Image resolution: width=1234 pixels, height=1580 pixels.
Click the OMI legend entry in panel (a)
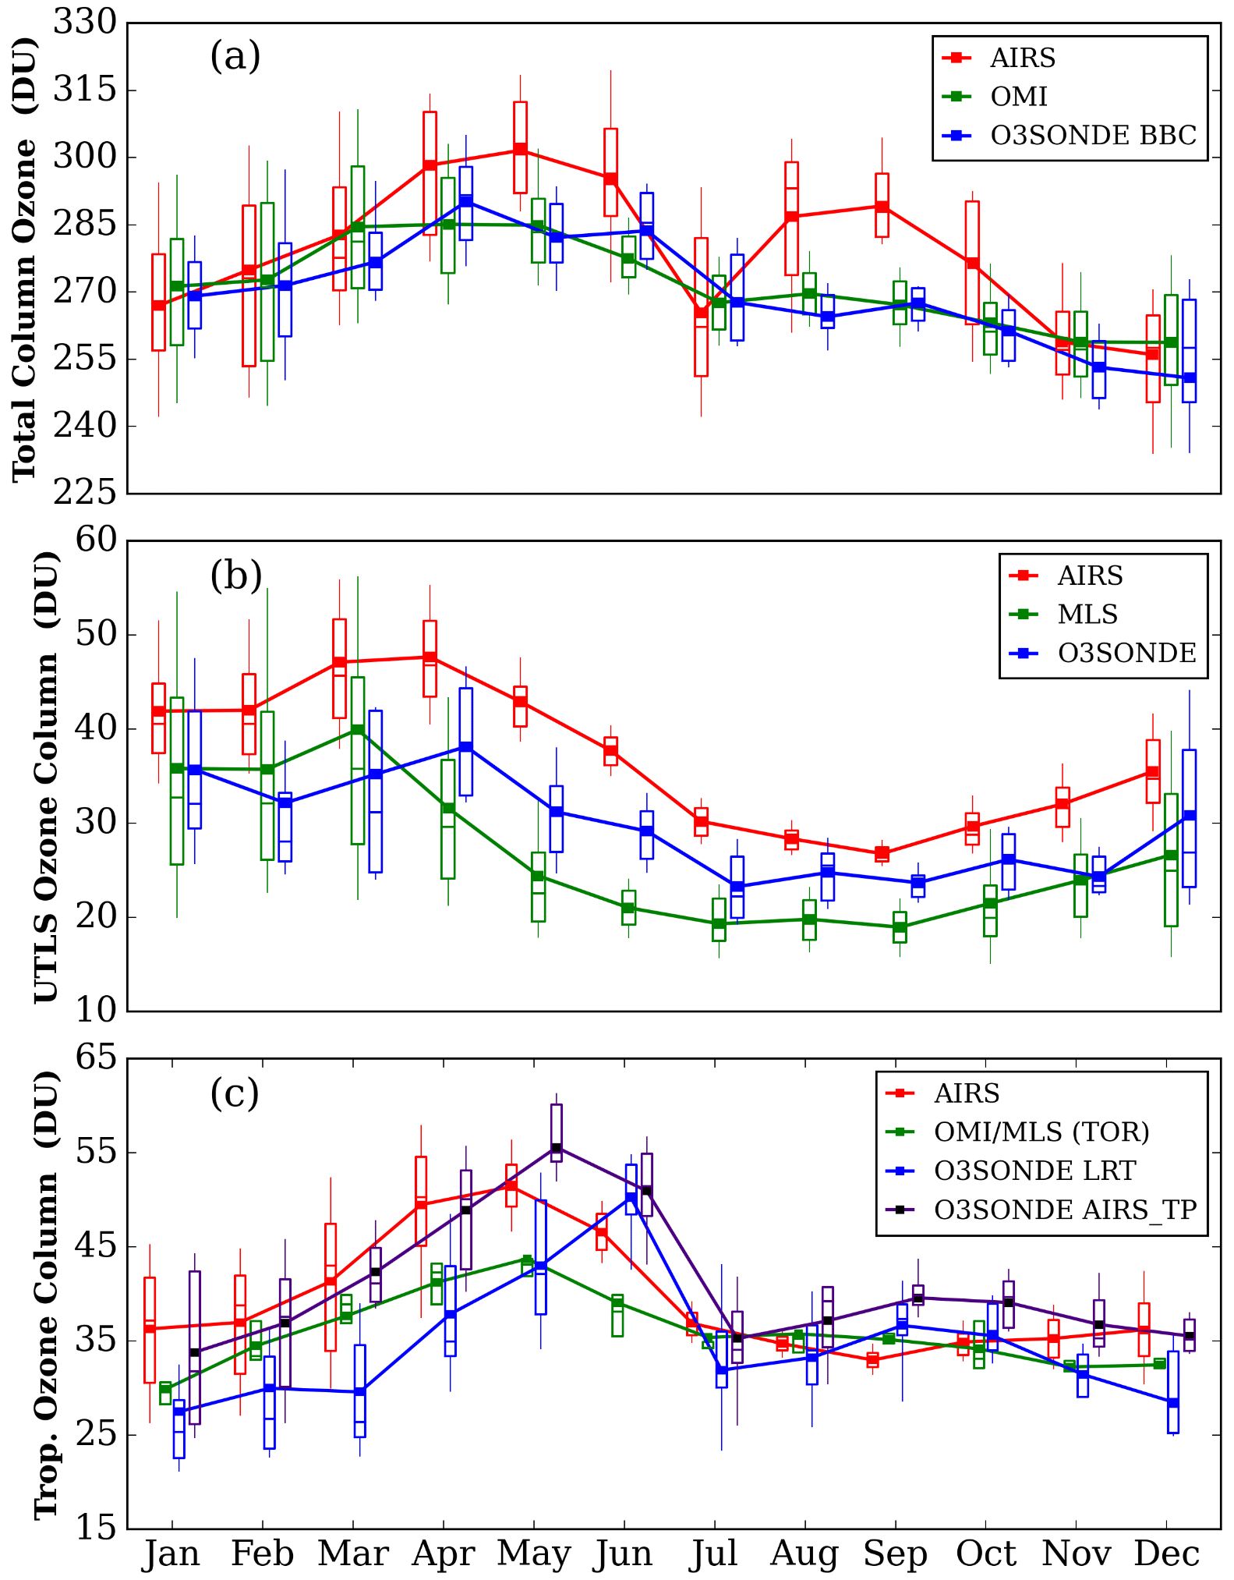[x=1018, y=97]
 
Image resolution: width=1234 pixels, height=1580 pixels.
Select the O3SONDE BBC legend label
[x=1093, y=136]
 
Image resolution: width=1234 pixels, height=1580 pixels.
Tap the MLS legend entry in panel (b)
[x=1087, y=615]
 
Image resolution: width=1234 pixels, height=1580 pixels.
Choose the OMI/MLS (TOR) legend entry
[x=1041, y=1132]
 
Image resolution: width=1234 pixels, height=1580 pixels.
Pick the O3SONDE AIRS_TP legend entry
[x=1065, y=1210]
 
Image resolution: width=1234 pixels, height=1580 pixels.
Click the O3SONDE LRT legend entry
[x=1034, y=1171]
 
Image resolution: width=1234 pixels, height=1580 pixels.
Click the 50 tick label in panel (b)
[x=95, y=634]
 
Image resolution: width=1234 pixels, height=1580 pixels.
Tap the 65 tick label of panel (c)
[x=95, y=1058]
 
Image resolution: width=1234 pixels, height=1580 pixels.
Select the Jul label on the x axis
[x=713, y=1553]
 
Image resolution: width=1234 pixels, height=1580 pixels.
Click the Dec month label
[x=1166, y=1553]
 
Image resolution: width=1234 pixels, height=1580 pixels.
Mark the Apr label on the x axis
[x=443, y=1553]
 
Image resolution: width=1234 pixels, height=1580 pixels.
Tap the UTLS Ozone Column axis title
[x=47, y=776]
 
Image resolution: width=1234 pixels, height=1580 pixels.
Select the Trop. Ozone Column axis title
[x=47, y=1295]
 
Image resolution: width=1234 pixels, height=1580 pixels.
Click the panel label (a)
[x=235, y=57]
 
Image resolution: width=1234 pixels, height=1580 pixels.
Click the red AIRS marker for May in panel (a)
[x=520, y=150]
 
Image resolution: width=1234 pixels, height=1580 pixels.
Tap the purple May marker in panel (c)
[x=556, y=1148]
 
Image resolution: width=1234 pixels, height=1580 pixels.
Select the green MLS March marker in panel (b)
[x=358, y=730]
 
